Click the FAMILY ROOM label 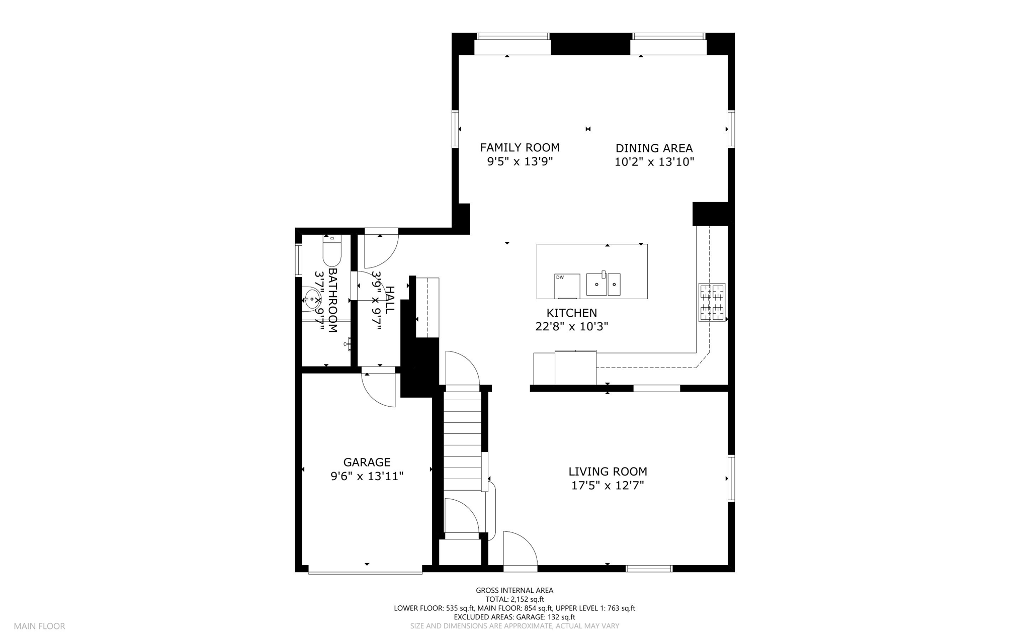[520, 148]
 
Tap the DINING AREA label [654, 148]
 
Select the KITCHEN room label [572, 313]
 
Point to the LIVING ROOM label [608, 472]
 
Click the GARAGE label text [367, 462]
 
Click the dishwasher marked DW [567, 286]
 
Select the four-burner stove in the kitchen [712, 302]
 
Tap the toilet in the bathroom [332, 250]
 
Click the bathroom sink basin [311, 300]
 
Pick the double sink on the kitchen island [603, 284]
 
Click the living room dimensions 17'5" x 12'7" [608, 486]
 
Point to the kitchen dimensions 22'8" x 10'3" [572, 327]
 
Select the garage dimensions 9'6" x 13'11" [367, 476]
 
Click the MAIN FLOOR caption [39, 626]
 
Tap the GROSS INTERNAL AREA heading [514, 591]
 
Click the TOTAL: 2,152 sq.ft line [514, 599]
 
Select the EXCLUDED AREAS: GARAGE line [514, 617]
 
